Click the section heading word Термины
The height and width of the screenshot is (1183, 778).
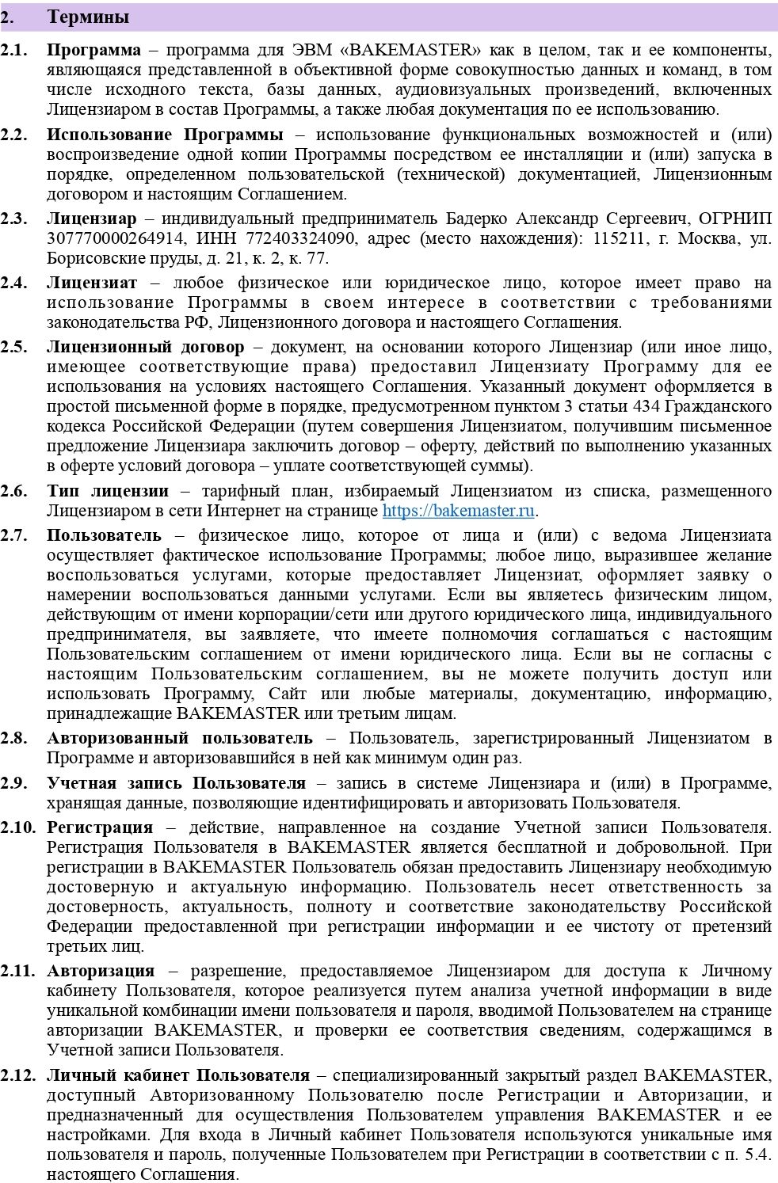(89, 17)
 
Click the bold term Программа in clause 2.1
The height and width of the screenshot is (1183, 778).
(93, 50)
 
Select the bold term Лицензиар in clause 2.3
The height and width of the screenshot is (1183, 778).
(91, 218)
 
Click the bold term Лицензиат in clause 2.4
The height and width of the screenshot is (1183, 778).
(92, 283)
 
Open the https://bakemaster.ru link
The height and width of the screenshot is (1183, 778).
(458, 511)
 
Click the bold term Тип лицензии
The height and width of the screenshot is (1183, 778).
(108, 491)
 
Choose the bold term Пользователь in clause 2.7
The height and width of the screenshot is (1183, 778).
(104, 535)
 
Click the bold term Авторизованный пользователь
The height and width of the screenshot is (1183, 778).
(180, 738)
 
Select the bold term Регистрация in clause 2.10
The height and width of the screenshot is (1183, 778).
(100, 827)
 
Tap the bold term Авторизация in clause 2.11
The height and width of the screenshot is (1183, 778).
(101, 971)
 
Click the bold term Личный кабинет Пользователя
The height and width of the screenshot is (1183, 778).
(178, 1075)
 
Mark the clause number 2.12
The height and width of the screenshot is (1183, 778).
(17, 1075)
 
